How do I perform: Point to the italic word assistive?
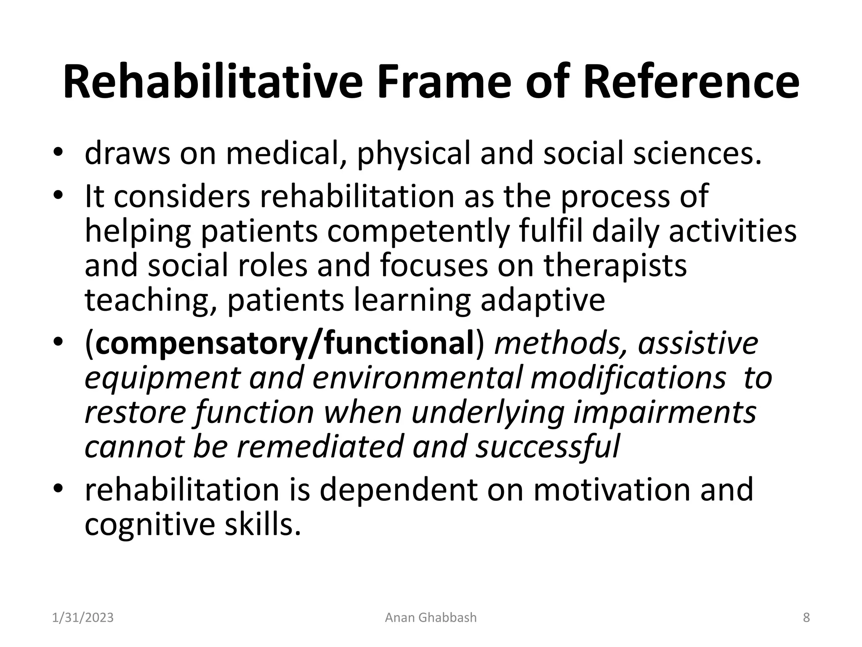(x=698, y=343)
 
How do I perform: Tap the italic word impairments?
(x=665, y=412)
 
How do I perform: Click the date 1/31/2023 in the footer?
(x=83, y=618)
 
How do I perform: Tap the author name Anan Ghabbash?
(x=431, y=618)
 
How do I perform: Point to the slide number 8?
(x=806, y=618)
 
